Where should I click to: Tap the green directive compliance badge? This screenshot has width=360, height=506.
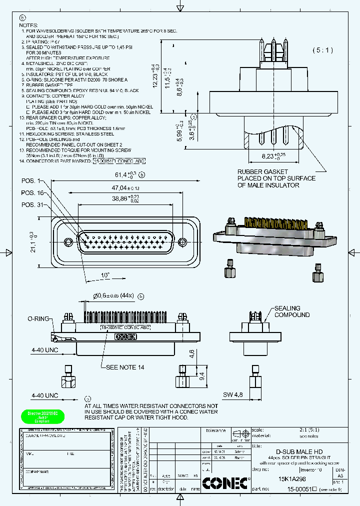pos(39,416)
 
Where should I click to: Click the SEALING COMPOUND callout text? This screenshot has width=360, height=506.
pos(291,311)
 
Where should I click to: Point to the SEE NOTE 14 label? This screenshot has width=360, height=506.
pos(125,367)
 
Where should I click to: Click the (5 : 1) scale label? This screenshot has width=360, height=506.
pos(325,50)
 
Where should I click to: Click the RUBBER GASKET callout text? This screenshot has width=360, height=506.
pos(276,178)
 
